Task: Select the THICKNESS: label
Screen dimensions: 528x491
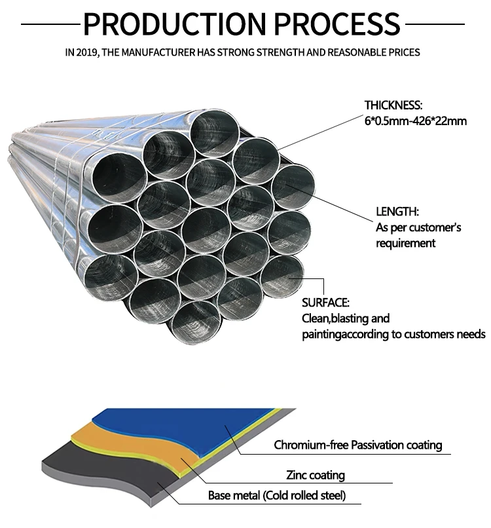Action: click(x=393, y=105)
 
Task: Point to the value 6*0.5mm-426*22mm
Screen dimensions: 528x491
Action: click(x=416, y=121)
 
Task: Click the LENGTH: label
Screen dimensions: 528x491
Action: click(x=397, y=212)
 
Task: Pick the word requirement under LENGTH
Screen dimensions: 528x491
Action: click(x=406, y=243)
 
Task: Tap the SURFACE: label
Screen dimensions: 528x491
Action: click(x=325, y=303)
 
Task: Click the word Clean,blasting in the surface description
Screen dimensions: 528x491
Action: click(x=336, y=318)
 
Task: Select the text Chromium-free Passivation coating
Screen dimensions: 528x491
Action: click(x=358, y=445)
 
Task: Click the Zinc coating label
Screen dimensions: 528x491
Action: click(x=315, y=475)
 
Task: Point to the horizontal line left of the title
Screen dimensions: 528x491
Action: click(x=50, y=24)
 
